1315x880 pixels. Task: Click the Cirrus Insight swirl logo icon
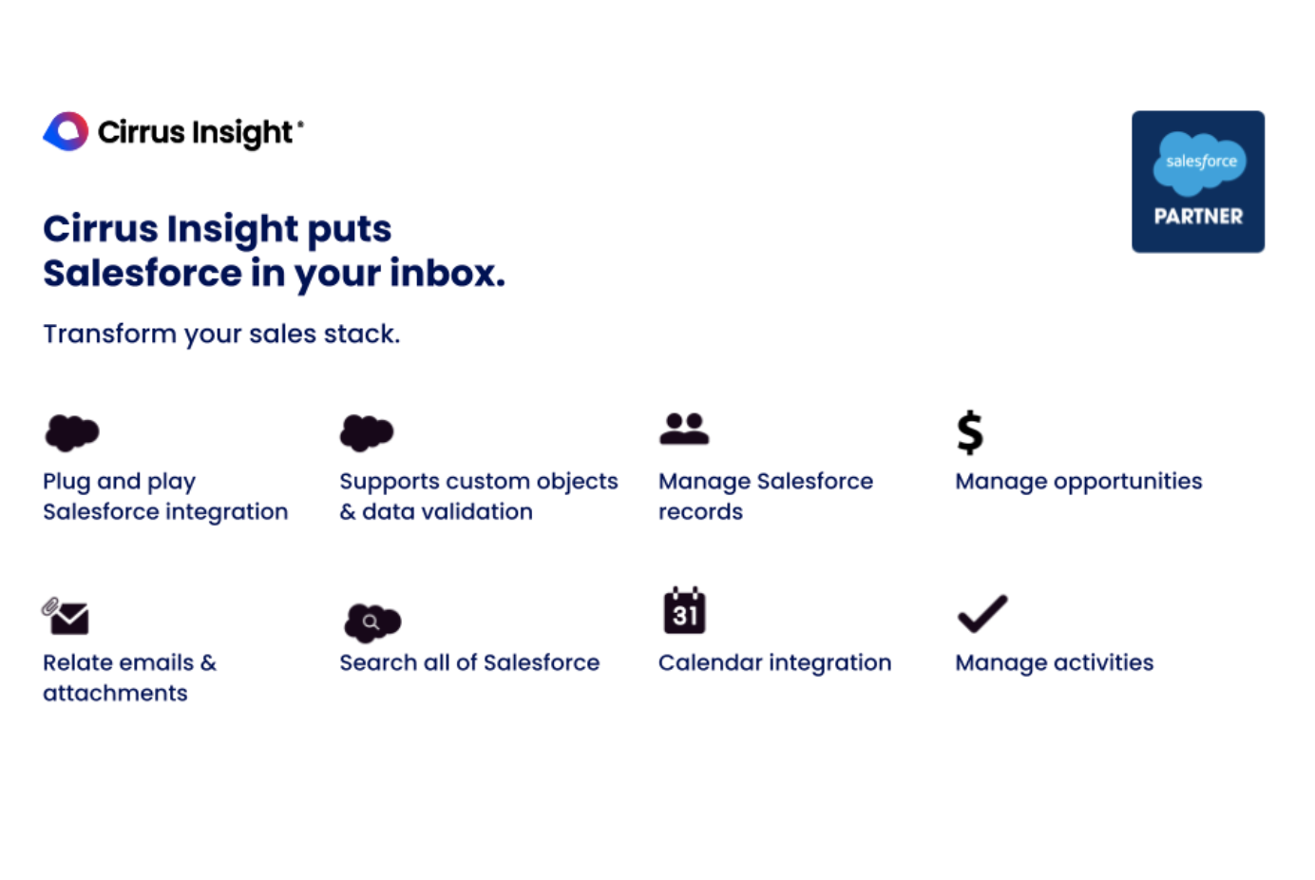(x=66, y=131)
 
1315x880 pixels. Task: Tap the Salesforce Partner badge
(x=1197, y=182)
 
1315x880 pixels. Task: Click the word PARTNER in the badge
(x=1198, y=217)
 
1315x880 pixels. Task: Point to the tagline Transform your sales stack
(x=221, y=334)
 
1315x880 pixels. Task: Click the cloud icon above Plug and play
(x=72, y=432)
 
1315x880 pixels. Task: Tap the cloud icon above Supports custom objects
(x=367, y=432)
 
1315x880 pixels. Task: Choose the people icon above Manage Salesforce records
(x=684, y=429)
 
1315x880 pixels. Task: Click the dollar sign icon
(x=970, y=432)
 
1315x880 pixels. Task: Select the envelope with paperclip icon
(x=66, y=616)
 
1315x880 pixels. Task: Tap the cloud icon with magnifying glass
(x=372, y=622)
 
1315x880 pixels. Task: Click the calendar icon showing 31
(x=684, y=610)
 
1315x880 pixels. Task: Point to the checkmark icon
(x=982, y=614)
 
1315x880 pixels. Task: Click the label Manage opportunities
(x=1079, y=482)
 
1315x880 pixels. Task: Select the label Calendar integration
(x=775, y=662)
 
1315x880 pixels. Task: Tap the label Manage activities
(x=1055, y=662)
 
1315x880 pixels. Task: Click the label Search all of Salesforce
(x=469, y=662)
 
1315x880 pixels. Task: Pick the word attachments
(x=116, y=694)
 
